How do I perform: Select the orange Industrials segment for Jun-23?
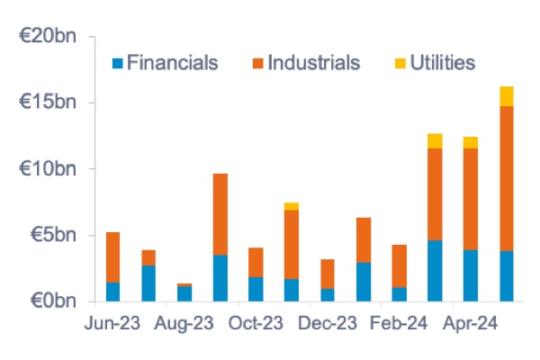[112, 257]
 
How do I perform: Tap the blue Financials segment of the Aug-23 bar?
[184, 292]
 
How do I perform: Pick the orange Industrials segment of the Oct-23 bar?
[256, 263]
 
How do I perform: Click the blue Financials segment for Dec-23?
[328, 294]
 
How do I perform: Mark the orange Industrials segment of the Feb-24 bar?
[400, 265]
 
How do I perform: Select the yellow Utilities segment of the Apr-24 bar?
[471, 142]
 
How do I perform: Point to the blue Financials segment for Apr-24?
[471, 274]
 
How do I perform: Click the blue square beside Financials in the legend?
[116, 63]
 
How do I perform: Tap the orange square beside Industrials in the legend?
[256, 63]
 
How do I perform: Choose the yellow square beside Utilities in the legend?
[399, 63]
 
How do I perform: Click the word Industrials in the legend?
[313, 63]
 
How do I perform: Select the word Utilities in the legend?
[442, 63]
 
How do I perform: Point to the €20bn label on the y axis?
[52, 37]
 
